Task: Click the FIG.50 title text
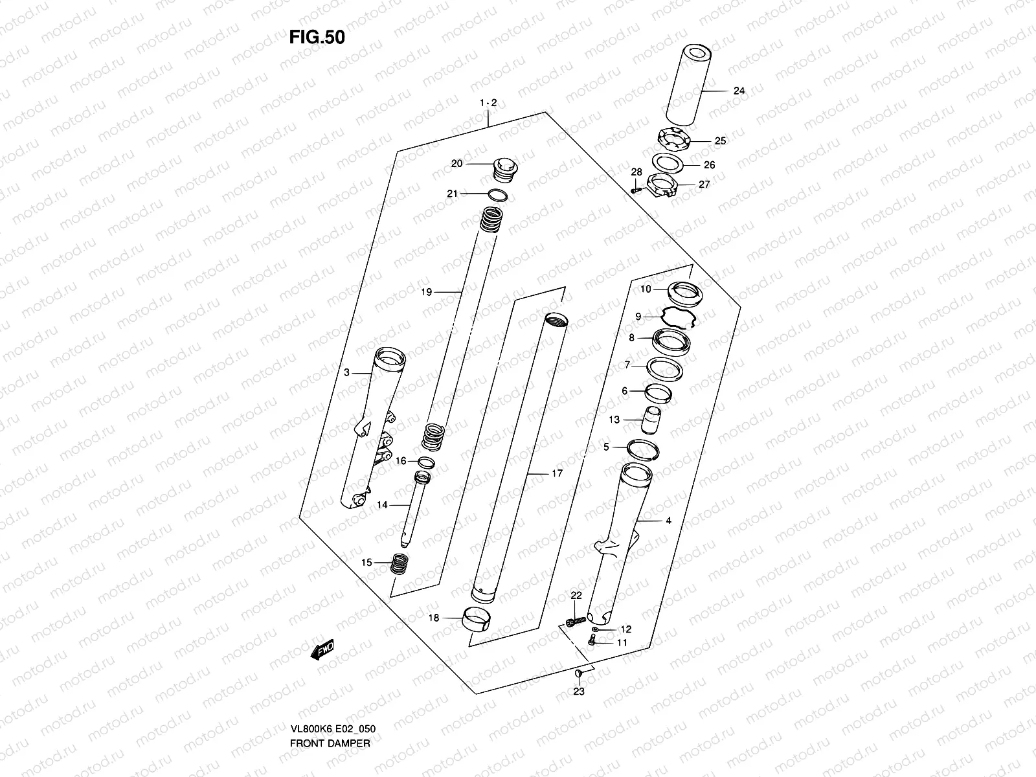(317, 38)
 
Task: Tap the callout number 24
(739, 91)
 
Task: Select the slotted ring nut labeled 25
(674, 139)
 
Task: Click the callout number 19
(425, 292)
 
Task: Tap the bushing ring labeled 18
(477, 618)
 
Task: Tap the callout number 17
(557, 473)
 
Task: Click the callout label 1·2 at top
(488, 103)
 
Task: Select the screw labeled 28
(636, 189)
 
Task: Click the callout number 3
(346, 372)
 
